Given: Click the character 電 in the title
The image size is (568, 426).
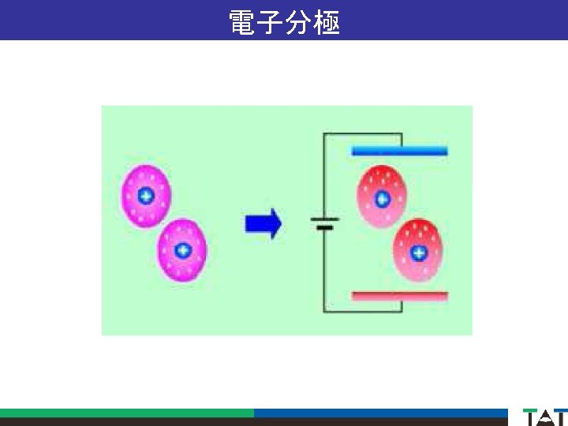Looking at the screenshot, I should (x=241, y=21).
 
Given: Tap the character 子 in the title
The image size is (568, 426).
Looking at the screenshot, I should (x=271, y=21).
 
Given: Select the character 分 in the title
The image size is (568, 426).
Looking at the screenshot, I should (x=299, y=21).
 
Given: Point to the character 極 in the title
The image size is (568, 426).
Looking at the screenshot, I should (x=327, y=21).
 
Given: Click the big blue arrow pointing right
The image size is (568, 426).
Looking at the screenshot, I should (x=263, y=223).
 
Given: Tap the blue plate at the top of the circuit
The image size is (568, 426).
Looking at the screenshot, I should (x=399, y=151).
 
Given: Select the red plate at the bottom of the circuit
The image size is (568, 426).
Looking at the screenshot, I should (x=399, y=297).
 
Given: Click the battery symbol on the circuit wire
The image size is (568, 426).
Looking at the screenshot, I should (x=324, y=223).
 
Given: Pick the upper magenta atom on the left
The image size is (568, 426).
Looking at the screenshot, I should (x=146, y=196).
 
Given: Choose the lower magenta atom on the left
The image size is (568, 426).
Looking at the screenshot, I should (x=182, y=251).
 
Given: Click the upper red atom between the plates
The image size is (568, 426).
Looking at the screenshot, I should (x=383, y=197).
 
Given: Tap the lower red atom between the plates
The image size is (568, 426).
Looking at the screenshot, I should (x=419, y=252).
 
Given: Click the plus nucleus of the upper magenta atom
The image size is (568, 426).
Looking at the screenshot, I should (x=146, y=196).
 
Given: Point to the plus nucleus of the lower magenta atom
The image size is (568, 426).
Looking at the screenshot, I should (x=182, y=251).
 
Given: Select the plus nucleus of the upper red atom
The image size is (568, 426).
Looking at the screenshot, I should (x=383, y=197).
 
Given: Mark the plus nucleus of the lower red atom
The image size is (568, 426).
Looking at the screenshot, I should (x=419, y=252).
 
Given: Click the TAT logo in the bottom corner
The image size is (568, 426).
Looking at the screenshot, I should (x=544, y=417).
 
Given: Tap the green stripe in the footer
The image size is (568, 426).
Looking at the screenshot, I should (x=126, y=413).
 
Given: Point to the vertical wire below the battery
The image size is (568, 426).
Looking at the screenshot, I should (x=324, y=268).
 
